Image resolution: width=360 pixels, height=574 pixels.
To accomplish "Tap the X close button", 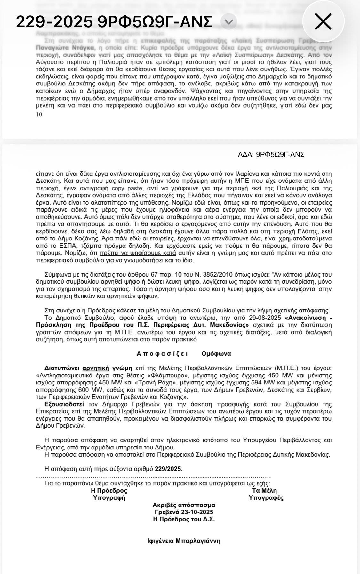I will point(323,22).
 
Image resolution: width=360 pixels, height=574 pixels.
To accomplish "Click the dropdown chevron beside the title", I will point(228,22).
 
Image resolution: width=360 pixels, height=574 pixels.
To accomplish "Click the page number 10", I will point(39,115).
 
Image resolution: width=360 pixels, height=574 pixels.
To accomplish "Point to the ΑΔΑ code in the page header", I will point(271,155).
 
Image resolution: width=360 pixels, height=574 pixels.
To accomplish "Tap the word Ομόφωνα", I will point(216,354).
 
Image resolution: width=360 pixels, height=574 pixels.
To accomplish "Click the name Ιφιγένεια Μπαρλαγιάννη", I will point(184,541).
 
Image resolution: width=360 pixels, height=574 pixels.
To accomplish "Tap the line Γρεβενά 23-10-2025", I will point(184,512).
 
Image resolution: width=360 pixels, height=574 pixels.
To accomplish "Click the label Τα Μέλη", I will point(264,491).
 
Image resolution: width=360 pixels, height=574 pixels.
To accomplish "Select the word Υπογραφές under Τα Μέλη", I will point(266,498).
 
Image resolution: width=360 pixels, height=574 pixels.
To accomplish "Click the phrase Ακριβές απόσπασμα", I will point(184,505).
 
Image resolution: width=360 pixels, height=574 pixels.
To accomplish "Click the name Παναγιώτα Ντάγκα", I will point(66,48).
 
